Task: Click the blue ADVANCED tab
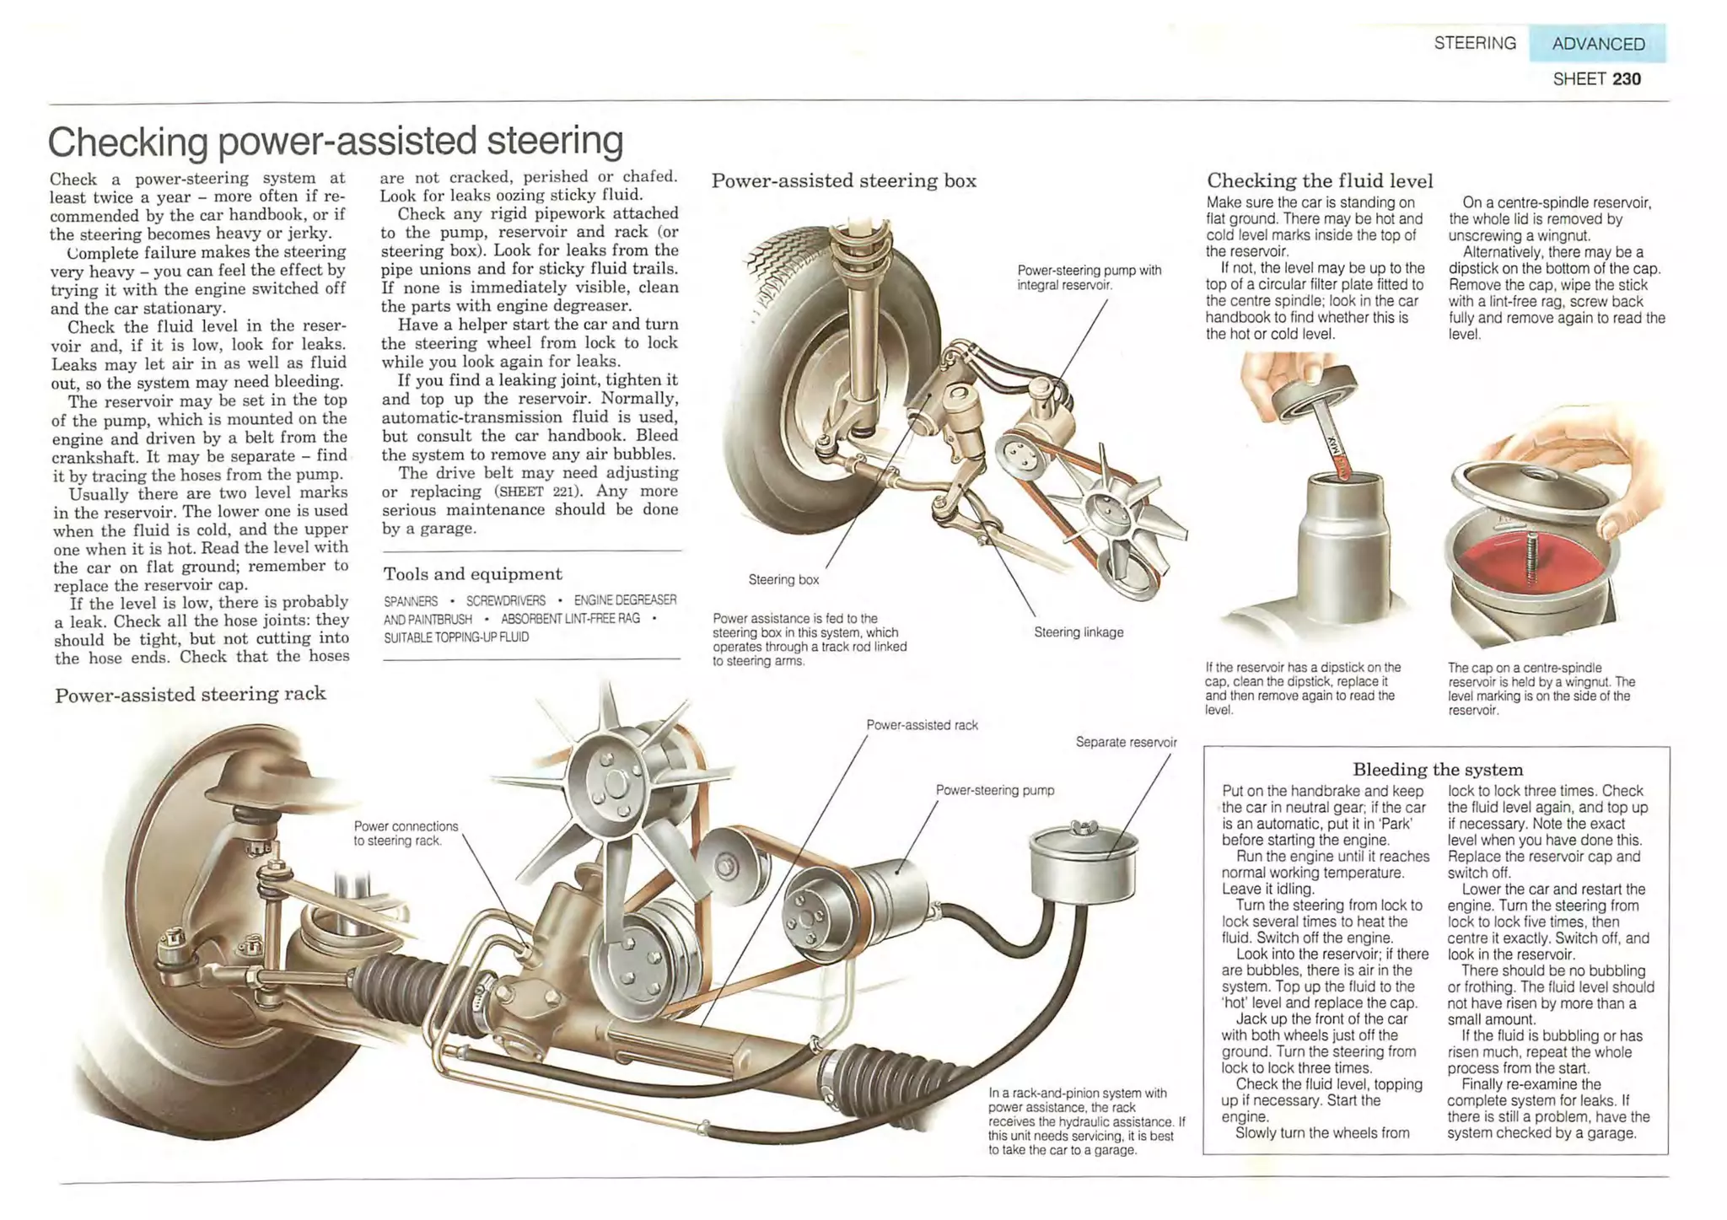pyautogui.click(x=1597, y=44)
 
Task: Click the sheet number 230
pyautogui.click(x=1627, y=79)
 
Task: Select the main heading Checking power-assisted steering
pyautogui.click(x=336, y=142)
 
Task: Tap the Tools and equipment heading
pyautogui.click(x=472, y=574)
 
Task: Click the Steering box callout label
pyautogui.click(x=783, y=580)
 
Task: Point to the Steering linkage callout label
pyautogui.click(x=1079, y=632)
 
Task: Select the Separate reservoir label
pyautogui.click(x=1126, y=743)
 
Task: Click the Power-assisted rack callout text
pyautogui.click(x=922, y=725)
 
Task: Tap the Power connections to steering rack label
pyautogui.click(x=406, y=833)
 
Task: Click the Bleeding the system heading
pyautogui.click(x=1438, y=770)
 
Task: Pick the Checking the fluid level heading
pyautogui.click(x=1320, y=180)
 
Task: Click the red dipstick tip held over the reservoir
pyautogui.click(x=1339, y=462)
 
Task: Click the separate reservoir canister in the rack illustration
pyautogui.click(x=1083, y=864)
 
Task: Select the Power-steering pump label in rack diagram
pyautogui.click(x=995, y=791)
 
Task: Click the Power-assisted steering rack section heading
pyautogui.click(x=191, y=695)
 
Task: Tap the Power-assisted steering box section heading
pyautogui.click(x=844, y=180)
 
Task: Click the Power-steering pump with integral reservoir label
pyautogui.click(x=1089, y=277)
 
